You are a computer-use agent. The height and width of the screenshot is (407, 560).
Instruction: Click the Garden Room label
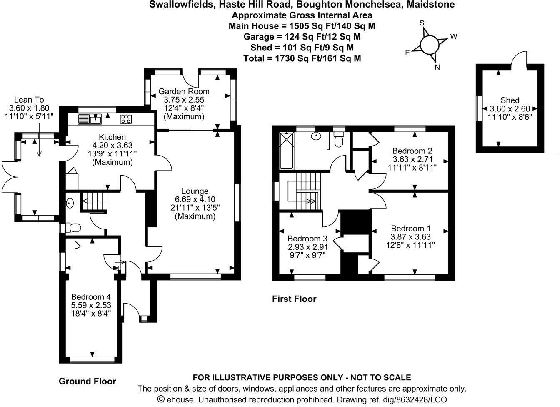pos(180,91)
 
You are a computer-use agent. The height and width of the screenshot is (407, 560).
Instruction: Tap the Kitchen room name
pos(112,137)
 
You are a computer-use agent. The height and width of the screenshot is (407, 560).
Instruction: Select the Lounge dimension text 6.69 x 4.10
pos(195,199)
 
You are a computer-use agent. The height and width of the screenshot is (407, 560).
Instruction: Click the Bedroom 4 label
pos(91,297)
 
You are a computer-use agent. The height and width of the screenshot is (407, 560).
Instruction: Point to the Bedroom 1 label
pos(410,229)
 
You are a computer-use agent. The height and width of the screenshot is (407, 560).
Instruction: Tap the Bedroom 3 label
pos(307,239)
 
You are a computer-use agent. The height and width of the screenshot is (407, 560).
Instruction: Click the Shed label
pos(510,100)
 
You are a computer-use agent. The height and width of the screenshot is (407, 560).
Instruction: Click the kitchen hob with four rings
pos(126,119)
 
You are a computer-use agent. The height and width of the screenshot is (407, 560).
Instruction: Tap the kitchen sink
pos(89,119)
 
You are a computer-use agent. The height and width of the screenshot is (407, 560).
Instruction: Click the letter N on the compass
pos(437,67)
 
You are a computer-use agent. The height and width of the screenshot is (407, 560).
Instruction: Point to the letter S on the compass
pos(422,23)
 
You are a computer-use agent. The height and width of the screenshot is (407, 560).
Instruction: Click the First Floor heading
pos(294,299)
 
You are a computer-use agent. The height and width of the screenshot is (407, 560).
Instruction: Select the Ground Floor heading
pos(87,381)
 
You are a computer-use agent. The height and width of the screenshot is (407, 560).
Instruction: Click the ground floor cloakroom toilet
pos(72,228)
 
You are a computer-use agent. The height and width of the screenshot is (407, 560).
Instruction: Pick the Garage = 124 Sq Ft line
pos(302,37)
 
